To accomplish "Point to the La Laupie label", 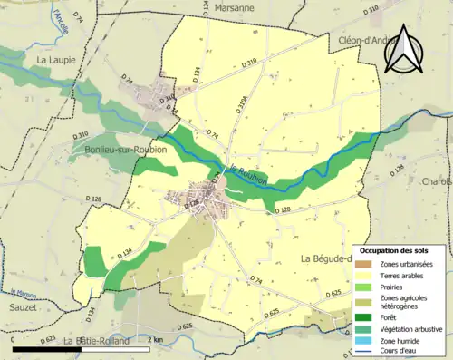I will (x=54, y=60).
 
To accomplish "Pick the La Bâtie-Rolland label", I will (x=95, y=340).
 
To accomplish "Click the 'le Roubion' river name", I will (x=245, y=178).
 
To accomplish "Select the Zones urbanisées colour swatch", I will (x=364, y=264).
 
